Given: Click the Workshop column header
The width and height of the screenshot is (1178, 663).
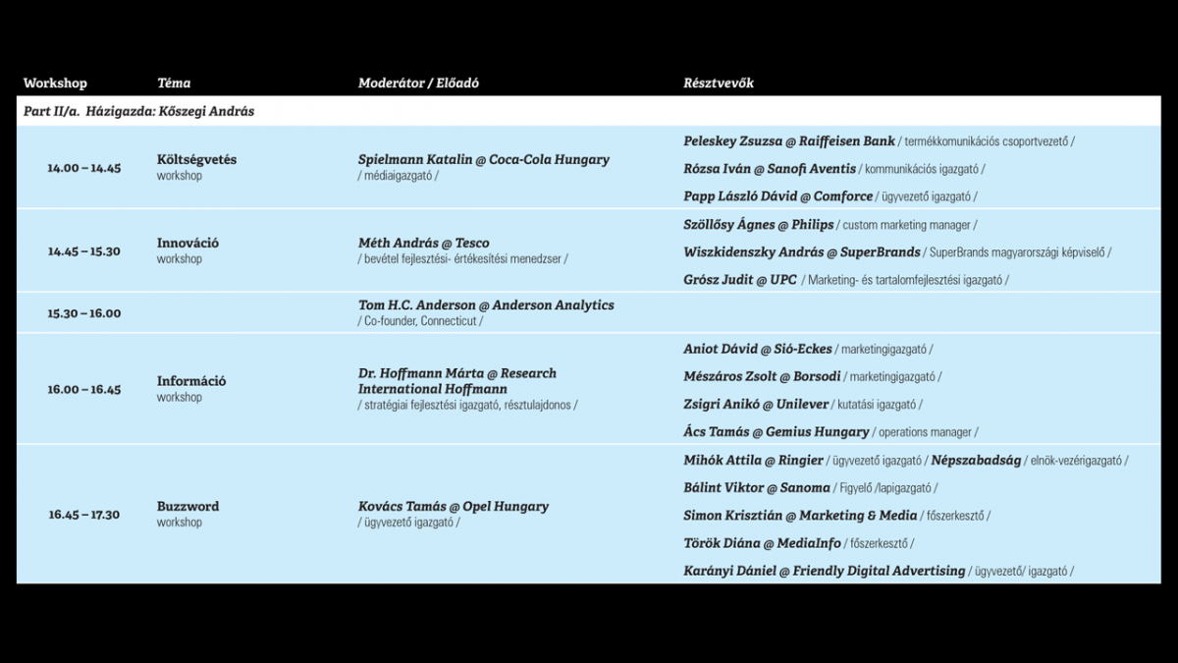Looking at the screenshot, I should tap(55, 83).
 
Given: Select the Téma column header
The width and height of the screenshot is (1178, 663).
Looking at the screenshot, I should tap(174, 83).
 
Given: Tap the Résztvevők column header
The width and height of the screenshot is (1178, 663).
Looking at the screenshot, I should tap(719, 83).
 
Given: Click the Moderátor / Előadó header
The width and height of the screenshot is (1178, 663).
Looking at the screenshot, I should tap(418, 83).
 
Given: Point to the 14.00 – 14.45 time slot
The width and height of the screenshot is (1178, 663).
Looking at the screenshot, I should tap(83, 168).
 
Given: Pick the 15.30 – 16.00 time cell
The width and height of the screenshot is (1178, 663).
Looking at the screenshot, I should tap(83, 313).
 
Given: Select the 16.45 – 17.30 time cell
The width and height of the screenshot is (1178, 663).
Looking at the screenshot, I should tap(83, 515).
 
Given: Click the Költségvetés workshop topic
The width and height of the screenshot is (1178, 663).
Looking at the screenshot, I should tap(196, 159).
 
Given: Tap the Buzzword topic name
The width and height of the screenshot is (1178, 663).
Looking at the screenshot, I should tap(187, 507).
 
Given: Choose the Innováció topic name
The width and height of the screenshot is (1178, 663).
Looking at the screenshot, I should tap(187, 243).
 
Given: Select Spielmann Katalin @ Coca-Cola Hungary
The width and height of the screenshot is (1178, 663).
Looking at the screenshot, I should tap(483, 159).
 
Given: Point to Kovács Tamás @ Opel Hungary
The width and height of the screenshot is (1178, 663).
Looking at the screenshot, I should tap(453, 507).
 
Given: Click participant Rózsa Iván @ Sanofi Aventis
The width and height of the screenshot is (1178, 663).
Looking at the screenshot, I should tap(770, 169).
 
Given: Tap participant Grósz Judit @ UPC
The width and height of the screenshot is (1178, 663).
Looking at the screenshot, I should tap(740, 280).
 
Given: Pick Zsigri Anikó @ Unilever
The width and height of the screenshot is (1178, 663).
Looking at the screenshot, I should tap(756, 404).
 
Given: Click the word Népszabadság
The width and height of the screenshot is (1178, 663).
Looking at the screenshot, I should tap(976, 460).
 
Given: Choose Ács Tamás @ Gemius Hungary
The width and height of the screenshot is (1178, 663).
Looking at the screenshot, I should tap(776, 431).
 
